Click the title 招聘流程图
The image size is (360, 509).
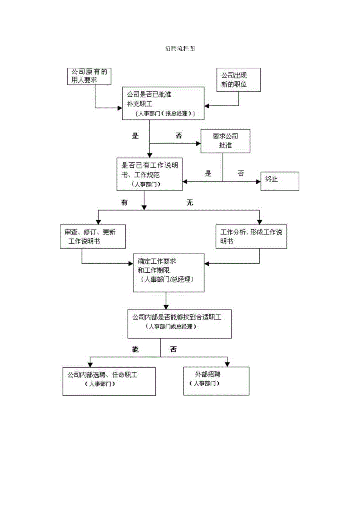pyautogui.click(x=180, y=49)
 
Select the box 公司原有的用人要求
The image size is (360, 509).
pyautogui.click(x=89, y=76)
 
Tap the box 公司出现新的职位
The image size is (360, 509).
pyautogui.click(x=234, y=80)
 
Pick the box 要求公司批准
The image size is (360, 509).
pyautogui.click(x=225, y=141)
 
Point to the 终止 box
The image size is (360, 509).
pyautogui.click(x=280, y=181)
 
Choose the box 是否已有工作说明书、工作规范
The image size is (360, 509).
pyautogui.click(x=149, y=174)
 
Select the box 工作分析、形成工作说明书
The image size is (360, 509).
pyautogui.click(x=251, y=236)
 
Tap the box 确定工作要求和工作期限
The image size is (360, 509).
pyautogui.click(x=168, y=273)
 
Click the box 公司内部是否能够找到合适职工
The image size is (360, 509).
pyautogui.click(x=180, y=324)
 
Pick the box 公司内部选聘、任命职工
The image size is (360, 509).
pyautogui.click(x=109, y=381)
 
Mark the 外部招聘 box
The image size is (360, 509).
pyautogui.click(x=216, y=381)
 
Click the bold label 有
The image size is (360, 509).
pyautogui.click(x=124, y=203)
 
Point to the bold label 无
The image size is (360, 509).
pyautogui.click(x=190, y=203)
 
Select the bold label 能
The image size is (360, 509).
pyautogui.click(x=135, y=349)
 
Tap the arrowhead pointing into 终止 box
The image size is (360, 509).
pyautogui.click(x=258, y=182)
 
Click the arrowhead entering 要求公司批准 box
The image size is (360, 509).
pyautogui.click(x=198, y=143)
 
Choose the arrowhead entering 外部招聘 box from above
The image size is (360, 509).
pyautogui.click(x=227, y=364)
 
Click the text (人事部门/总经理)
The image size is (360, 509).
pyautogui.click(x=168, y=280)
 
